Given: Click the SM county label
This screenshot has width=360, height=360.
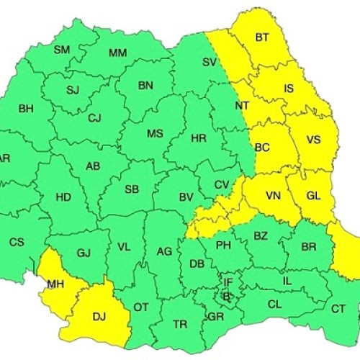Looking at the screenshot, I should [x=62, y=50].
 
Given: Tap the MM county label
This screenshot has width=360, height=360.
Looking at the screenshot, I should [x=117, y=53].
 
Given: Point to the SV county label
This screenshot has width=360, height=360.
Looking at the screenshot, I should [x=210, y=63].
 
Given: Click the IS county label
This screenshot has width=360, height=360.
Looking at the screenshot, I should [x=289, y=89].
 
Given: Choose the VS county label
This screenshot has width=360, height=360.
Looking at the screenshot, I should [x=313, y=140].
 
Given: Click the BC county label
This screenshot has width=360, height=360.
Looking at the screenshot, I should [x=262, y=148].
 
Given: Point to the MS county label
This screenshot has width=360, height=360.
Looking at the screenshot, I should [x=155, y=134].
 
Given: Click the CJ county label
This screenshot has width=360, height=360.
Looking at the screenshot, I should [x=94, y=119].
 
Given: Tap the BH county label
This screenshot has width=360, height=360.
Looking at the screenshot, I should [x=26, y=109].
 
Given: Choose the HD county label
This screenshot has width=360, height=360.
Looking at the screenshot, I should [x=63, y=196].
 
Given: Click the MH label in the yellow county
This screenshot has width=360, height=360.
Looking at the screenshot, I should [x=55, y=284].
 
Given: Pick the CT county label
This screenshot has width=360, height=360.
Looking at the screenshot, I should [x=338, y=309].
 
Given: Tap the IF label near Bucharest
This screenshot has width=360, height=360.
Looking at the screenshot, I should [x=228, y=283].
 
